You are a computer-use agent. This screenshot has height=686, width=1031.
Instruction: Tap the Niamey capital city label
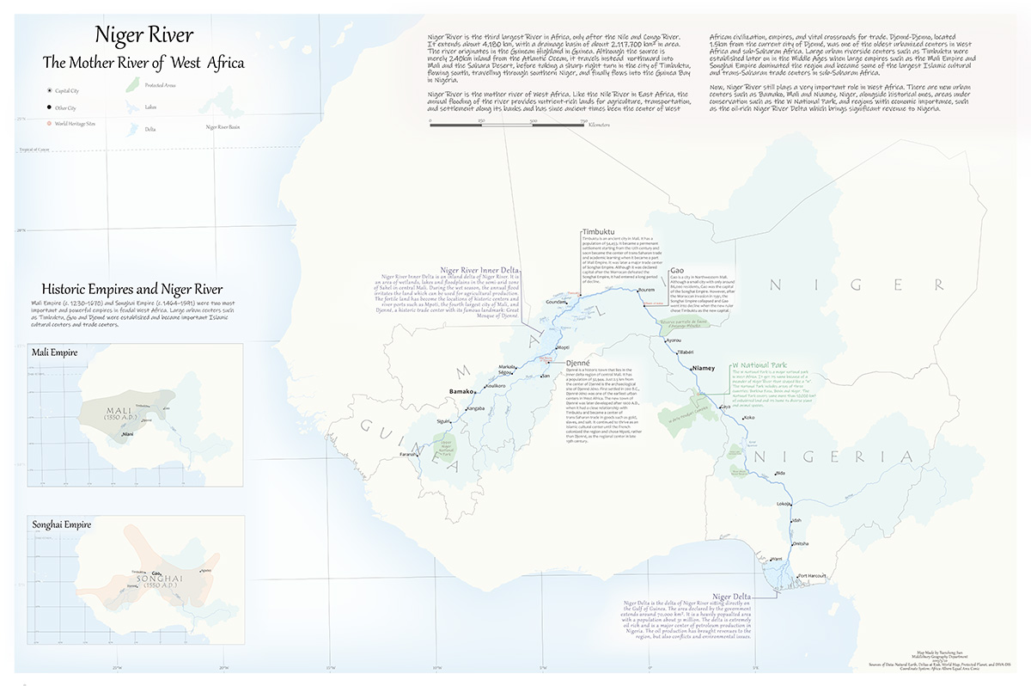tap(704, 368)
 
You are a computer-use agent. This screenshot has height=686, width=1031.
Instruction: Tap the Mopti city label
tap(564, 347)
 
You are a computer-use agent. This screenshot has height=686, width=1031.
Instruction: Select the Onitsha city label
tap(800, 543)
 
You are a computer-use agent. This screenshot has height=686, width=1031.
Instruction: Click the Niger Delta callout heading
tap(731, 596)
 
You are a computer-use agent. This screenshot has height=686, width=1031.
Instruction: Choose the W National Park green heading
tap(759, 365)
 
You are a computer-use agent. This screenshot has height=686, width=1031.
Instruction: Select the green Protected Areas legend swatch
tap(132, 85)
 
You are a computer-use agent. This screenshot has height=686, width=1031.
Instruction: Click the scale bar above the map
tap(507, 126)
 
